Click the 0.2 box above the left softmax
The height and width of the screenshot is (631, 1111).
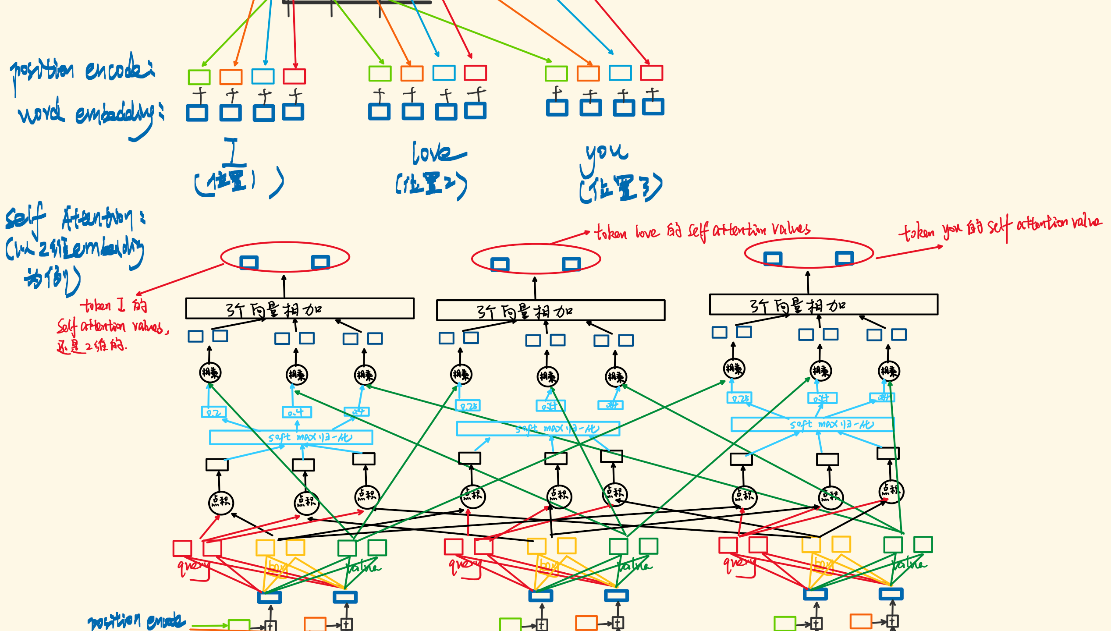213,412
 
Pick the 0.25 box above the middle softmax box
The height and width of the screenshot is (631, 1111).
468,406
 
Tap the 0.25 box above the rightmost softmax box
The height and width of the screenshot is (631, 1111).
739,398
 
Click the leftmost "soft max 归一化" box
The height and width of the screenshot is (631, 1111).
291,437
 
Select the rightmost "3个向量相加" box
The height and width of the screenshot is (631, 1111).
823,305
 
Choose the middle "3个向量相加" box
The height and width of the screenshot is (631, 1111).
550,311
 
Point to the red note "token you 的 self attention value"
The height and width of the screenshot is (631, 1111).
1000,226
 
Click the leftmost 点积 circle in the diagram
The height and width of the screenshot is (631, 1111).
221,502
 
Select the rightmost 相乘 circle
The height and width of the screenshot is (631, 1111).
889,372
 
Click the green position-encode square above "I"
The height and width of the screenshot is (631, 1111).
199,77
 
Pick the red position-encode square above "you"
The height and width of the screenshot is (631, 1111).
651,73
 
